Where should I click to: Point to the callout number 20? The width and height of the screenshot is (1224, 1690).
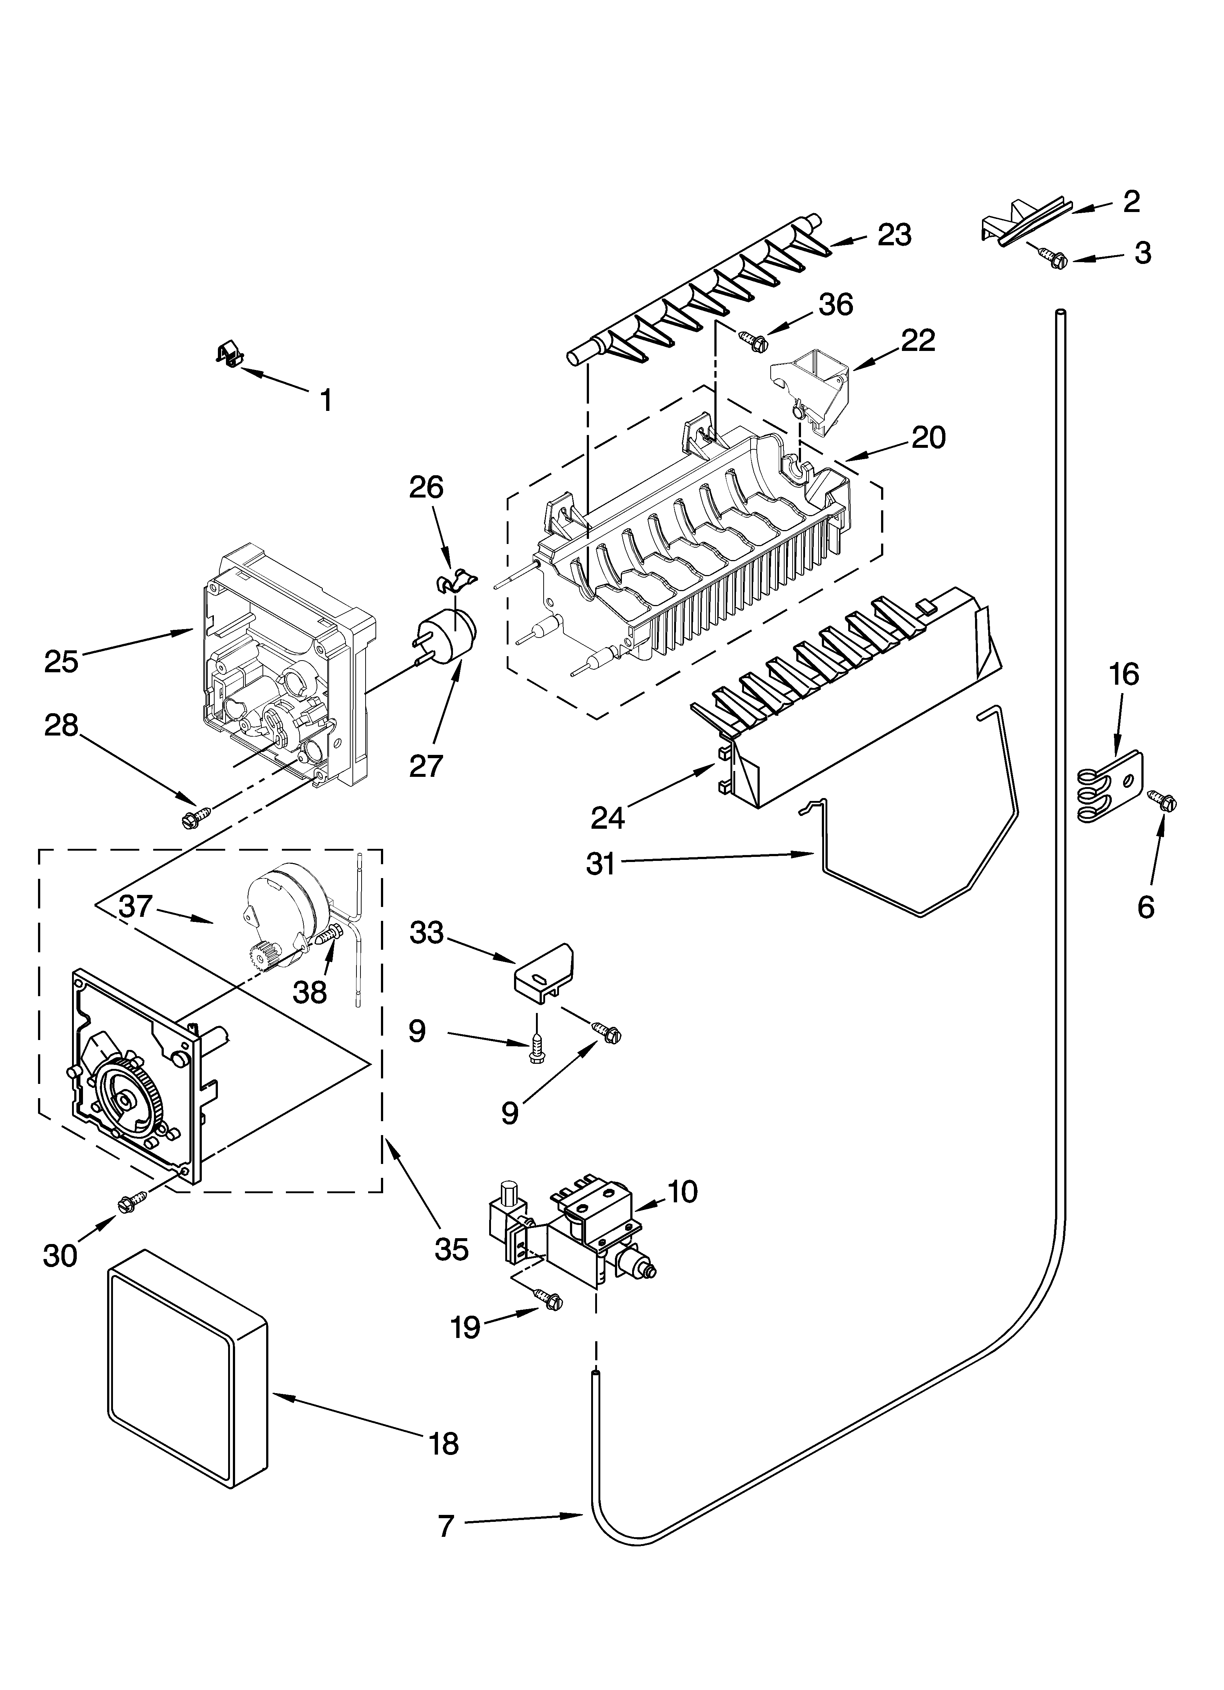point(928,438)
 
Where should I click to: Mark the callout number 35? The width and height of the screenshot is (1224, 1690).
point(451,1249)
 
